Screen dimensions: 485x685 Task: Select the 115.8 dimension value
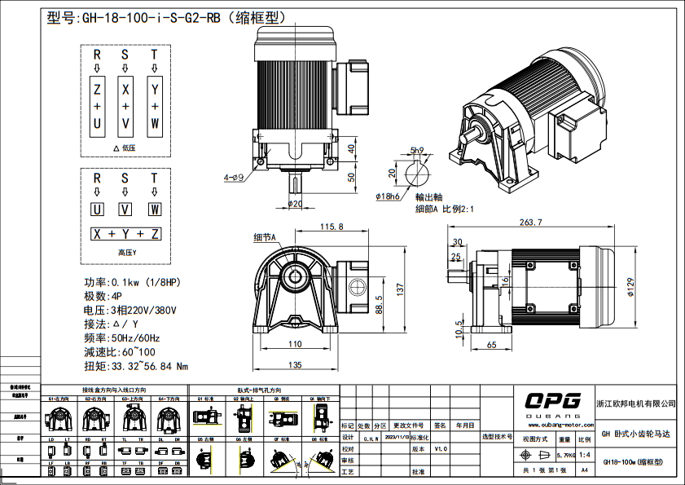tap(331, 226)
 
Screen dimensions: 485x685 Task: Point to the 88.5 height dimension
tap(379, 302)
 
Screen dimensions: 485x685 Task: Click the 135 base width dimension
tap(294, 364)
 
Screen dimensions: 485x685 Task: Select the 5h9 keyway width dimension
tap(417, 150)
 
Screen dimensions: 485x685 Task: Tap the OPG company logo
tap(552, 401)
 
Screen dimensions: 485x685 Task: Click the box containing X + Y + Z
tap(125, 234)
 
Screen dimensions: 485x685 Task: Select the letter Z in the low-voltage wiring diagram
tap(97, 88)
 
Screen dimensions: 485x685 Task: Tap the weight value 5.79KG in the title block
tap(566, 454)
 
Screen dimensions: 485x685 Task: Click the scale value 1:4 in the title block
tap(585, 454)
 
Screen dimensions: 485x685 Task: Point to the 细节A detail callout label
tap(266, 237)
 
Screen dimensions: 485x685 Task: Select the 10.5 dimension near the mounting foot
tap(459, 333)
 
